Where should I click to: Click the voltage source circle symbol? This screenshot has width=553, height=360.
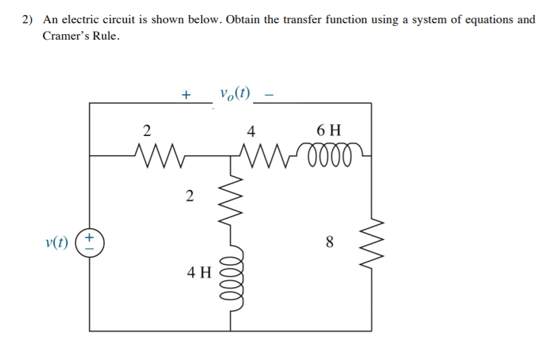pyautogui.click(x=93, y=242)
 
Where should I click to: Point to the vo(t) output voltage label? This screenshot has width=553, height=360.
pyautogui.click(x=235, y=94)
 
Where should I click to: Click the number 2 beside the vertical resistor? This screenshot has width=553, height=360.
pyautogui.click(x=189, y=197)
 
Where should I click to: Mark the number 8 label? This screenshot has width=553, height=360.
pyautogui.click(x=330, y=241)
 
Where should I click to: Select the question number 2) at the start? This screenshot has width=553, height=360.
pyautogui.click(x=27, y=19)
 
